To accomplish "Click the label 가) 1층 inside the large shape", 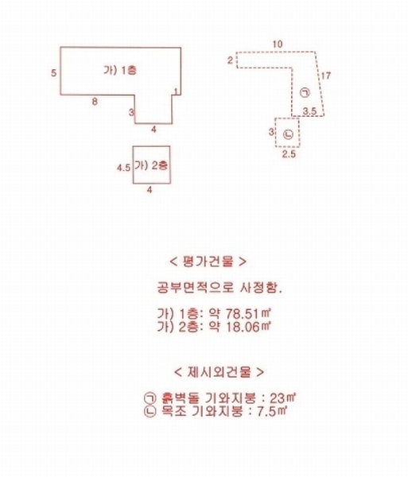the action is click(120, 71).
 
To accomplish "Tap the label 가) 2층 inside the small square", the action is click(151, 165).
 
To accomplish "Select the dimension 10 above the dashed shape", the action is click(278, 44).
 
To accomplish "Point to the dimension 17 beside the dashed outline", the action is click(326, 76).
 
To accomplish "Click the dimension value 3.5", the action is click(309, 111).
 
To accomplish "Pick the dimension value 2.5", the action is click(289, 154).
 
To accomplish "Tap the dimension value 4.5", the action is click(124, 168).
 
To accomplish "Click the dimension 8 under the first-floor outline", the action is click(95, 102).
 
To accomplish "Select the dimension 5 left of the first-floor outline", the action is click(53, 73).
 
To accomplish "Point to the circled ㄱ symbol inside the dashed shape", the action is click(305, 92).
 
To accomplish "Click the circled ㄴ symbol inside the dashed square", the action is click(288, 134).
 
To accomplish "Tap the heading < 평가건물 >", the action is click(208, 262).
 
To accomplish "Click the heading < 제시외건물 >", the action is click(219, 372).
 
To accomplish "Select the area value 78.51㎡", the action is click(248, 313).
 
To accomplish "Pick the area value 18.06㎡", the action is click(248, 327).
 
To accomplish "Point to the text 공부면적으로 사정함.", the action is click(220, 288).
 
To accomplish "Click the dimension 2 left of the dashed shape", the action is click(231, 60).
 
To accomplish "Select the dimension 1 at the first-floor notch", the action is click(176, 91).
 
